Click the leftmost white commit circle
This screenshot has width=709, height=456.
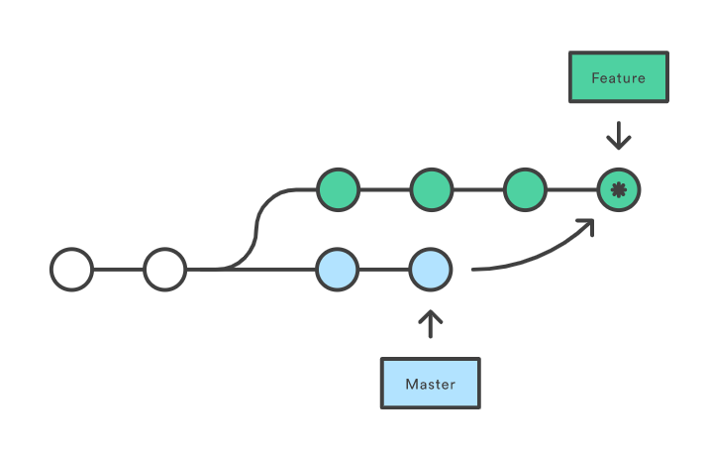71,269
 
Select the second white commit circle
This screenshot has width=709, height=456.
164,269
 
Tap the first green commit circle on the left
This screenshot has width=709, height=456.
338,188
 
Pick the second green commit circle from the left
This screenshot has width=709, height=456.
432,188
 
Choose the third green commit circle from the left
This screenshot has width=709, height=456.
525,188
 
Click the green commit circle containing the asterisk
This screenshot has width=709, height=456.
619,188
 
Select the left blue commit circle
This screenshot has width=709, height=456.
338,269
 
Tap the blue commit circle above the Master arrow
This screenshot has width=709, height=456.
431,269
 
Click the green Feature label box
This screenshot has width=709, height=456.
618,77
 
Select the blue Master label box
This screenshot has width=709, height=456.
431,383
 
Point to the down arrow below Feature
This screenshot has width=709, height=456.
619,135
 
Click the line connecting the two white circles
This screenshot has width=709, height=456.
118,269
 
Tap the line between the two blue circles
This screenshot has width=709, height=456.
384,269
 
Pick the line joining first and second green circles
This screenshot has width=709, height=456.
384,188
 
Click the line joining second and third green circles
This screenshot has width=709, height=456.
478,188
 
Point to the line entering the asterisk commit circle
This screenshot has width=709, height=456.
572,188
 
